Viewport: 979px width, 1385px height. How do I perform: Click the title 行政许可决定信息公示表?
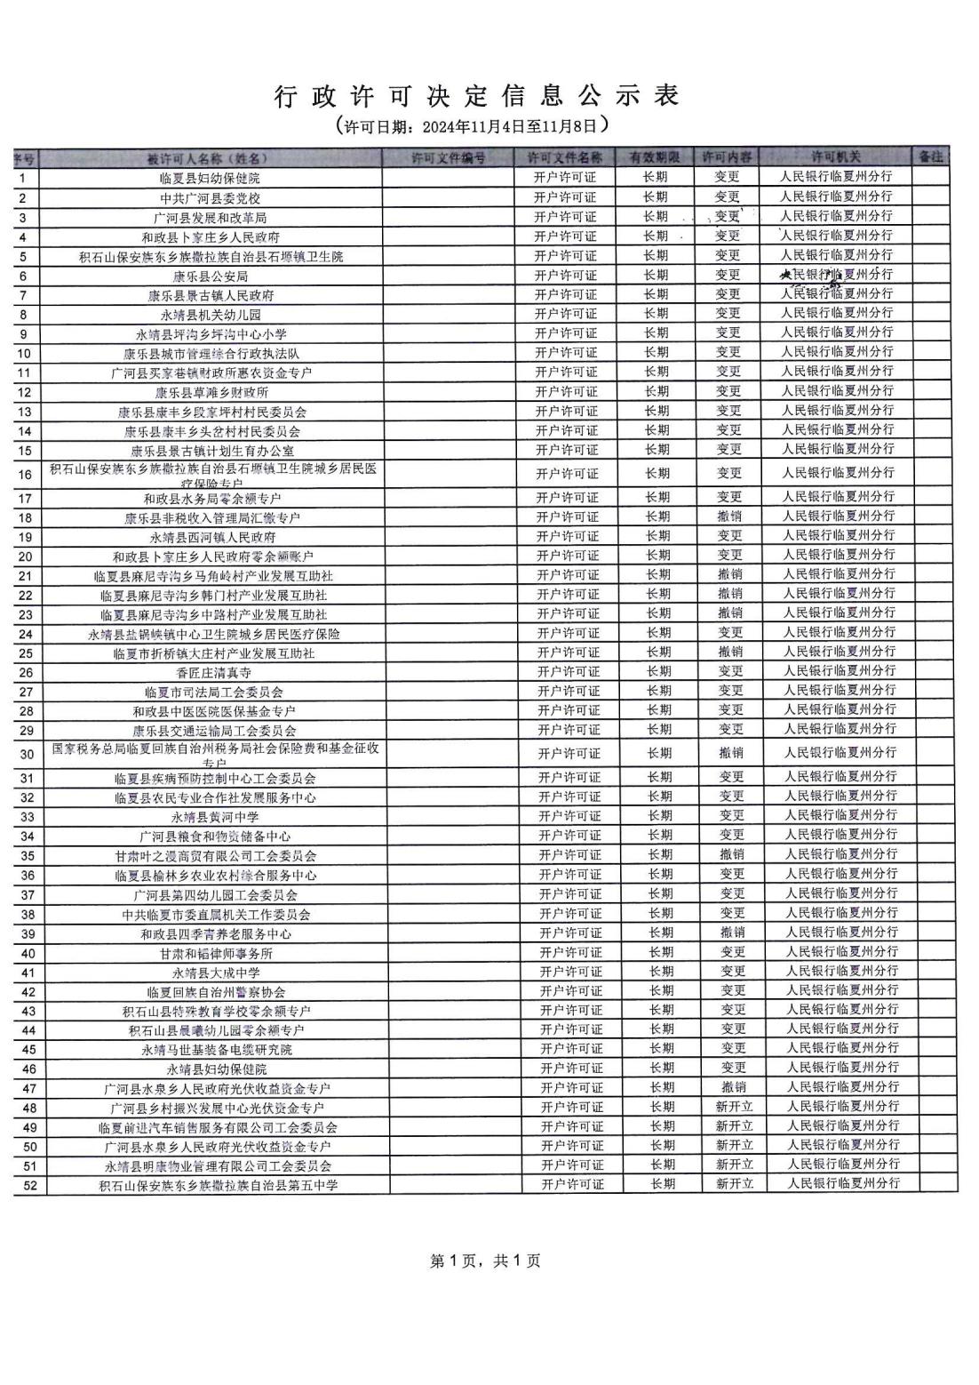[477, 97]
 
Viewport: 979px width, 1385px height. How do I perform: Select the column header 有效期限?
[655, 157]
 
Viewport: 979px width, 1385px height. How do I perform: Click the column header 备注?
[930, 156]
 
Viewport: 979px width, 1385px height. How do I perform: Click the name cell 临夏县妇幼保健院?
[210, 179]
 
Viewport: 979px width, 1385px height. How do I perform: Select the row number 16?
[25, 475]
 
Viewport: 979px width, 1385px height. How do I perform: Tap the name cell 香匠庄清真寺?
[213, 673]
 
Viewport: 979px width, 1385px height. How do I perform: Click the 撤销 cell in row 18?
[730, 516]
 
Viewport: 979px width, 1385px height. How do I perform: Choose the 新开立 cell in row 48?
[734, 1107]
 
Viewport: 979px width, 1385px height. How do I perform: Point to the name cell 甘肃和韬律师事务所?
[216, 953]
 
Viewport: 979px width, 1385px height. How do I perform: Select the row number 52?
[30, 1185]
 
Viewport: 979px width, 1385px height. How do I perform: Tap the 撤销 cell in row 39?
[733, 933]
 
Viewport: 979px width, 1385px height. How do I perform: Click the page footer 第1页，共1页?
[485, 1261]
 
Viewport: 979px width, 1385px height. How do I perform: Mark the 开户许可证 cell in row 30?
[569, 754]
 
